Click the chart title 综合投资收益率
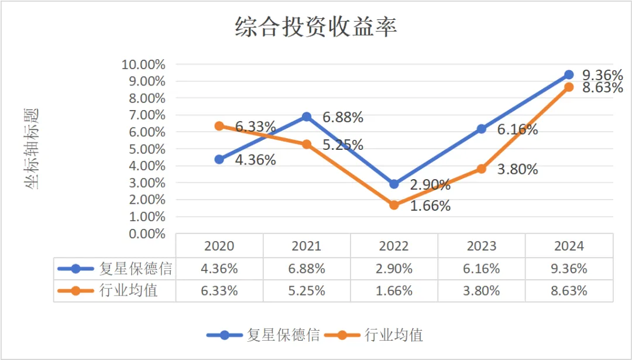316,28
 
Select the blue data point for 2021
306,116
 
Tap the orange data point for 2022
394,205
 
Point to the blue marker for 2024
569,74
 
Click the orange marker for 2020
219,126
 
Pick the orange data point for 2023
482,169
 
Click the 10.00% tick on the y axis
143,64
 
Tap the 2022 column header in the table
394,246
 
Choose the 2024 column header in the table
569,246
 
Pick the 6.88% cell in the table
306,269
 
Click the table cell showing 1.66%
394,290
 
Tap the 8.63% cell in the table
569,290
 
